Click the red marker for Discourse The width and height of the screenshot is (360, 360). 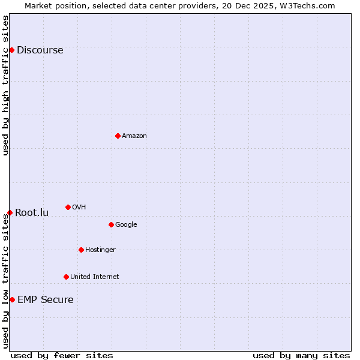11,50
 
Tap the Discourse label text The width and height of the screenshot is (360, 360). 40,50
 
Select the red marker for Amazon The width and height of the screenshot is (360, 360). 118,136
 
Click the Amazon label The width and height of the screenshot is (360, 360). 134,136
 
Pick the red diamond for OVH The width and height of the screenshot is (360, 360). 68,207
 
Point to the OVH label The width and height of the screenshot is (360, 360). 79,208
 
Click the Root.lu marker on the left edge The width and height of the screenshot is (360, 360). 10,212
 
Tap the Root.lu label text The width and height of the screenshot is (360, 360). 32,213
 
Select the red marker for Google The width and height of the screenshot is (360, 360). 111,224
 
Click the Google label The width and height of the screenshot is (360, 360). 126,225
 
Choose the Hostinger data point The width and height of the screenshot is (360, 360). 81,250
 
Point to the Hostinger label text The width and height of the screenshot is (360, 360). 100,250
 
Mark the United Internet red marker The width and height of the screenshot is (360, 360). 66,277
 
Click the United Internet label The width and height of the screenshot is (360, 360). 94,277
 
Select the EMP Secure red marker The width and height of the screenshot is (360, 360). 12,299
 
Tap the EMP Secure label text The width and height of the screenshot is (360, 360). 45,300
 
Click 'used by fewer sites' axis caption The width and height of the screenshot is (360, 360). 62,356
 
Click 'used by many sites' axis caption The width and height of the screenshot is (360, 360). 301,356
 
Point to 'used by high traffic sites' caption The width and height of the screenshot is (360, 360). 5,85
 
